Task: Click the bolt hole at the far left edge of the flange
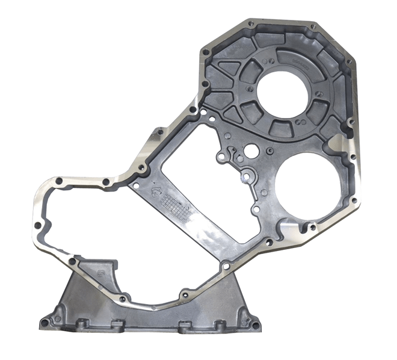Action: pyautogui.click(x=38, y=225)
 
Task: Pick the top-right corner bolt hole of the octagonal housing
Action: pyautogui.click(x=313, y=26)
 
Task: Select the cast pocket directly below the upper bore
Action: pyautogui.click(x=280, y=128)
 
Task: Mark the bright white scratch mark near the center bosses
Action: pyautogui.click(x=245, y=178)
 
